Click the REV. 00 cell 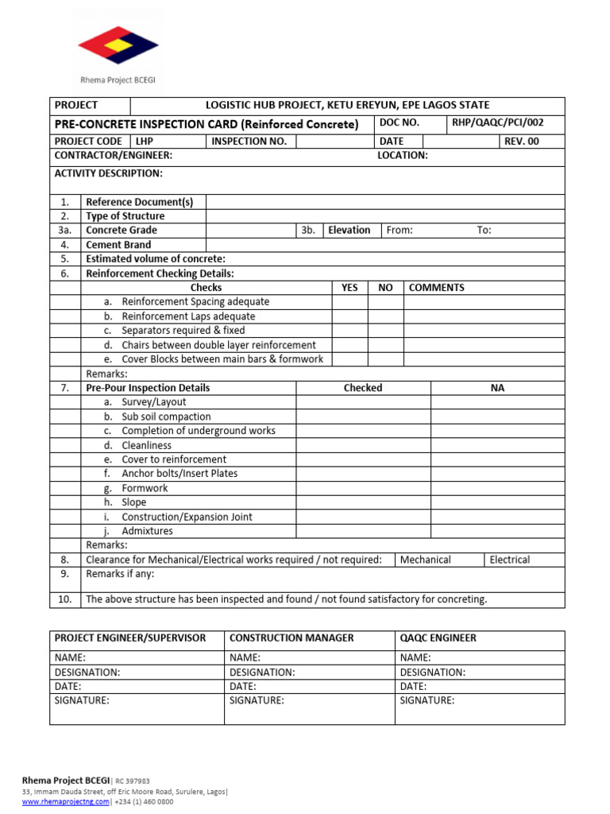521,141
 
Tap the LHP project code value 145,141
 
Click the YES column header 349,288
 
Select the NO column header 386,288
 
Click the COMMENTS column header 437,288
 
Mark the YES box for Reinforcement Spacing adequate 349,302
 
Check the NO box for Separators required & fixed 386,331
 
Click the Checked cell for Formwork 363,488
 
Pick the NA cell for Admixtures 497,531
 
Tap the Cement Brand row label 118,245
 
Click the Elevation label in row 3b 349,231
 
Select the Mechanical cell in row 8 426,560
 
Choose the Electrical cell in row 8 510,560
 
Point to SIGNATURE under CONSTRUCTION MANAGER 257,700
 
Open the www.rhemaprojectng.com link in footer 65,801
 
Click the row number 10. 65,599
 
